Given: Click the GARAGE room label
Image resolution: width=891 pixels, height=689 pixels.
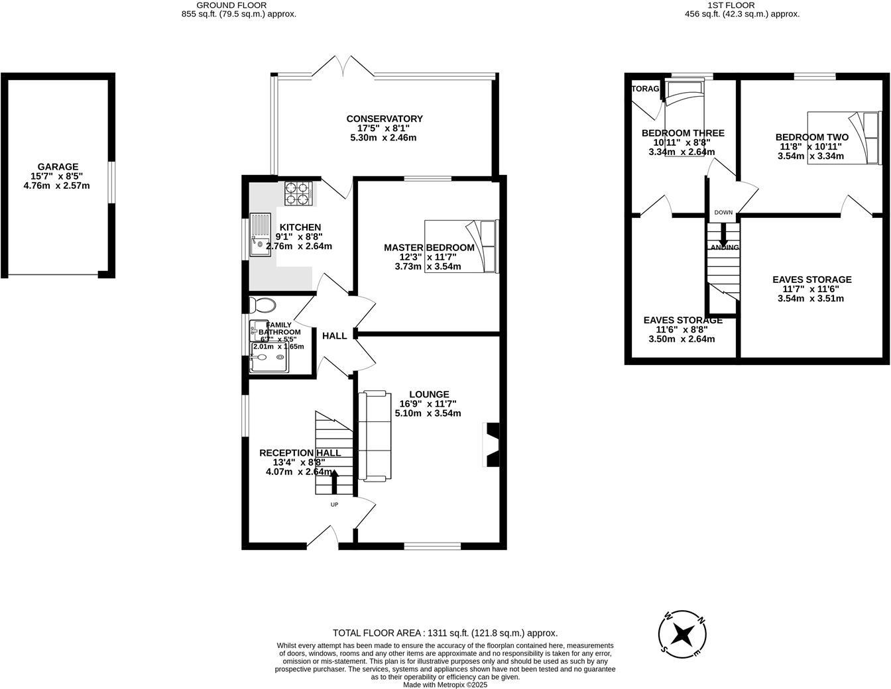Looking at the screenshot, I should coord(58,167).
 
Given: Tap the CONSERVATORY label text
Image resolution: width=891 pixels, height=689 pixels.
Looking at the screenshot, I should coord(385,119).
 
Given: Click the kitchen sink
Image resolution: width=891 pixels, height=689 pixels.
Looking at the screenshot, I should coord(261,235).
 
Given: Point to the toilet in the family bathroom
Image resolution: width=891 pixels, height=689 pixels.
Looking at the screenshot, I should coord(263,305).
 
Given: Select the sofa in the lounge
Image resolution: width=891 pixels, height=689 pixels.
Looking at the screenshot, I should coord(373,436).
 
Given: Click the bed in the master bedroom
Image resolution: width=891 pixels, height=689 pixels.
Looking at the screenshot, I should coord(461,246).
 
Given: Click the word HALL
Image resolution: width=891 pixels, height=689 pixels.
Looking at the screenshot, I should coord(334,336).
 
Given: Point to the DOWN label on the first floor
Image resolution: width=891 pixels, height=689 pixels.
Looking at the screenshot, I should coord(723,213).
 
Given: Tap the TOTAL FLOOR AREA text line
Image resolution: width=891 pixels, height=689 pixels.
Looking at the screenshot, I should coord(445,633).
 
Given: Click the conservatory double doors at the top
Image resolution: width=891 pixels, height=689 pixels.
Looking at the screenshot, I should coord(344,66).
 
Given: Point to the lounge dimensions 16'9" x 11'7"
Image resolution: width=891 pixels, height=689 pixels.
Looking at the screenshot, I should coord(428,403).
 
